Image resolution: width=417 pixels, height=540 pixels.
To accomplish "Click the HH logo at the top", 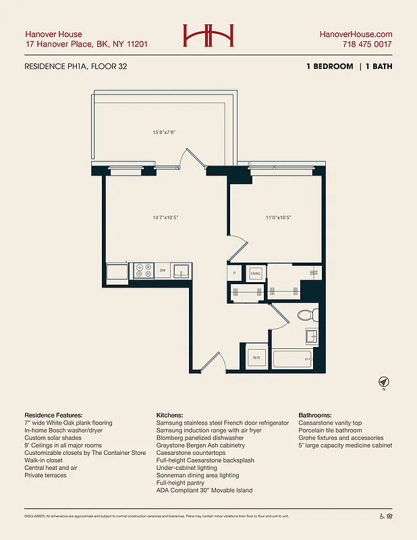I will [208, 36].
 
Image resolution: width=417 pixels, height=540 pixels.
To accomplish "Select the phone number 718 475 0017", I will [366, 45].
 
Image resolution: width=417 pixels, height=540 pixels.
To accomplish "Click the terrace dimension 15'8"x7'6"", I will [163, 133].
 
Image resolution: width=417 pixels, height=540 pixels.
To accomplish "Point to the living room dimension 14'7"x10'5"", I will [164, 218].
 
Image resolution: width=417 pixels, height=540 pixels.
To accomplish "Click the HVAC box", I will [256, 273].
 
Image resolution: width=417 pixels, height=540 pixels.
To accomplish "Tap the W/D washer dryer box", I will [256, 357].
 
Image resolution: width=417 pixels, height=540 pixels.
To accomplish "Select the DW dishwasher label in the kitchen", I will [162, 271].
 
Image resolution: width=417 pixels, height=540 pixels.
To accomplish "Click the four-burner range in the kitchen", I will [142, 271].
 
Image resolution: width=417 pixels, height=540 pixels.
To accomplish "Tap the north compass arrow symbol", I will [384, 382].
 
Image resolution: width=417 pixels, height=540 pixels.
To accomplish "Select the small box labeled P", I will [235, 273].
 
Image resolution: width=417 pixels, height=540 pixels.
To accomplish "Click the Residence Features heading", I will [53, 415].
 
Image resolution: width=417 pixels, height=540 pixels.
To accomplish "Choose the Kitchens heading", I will [173, 415].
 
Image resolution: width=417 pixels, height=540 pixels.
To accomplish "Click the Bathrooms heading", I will [321, 415].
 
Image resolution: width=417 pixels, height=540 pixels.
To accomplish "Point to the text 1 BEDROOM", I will [329, 66].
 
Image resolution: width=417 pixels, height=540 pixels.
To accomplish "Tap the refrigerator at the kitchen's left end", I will [117, 271].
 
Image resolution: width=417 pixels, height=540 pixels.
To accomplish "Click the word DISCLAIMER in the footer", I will [34, 516].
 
